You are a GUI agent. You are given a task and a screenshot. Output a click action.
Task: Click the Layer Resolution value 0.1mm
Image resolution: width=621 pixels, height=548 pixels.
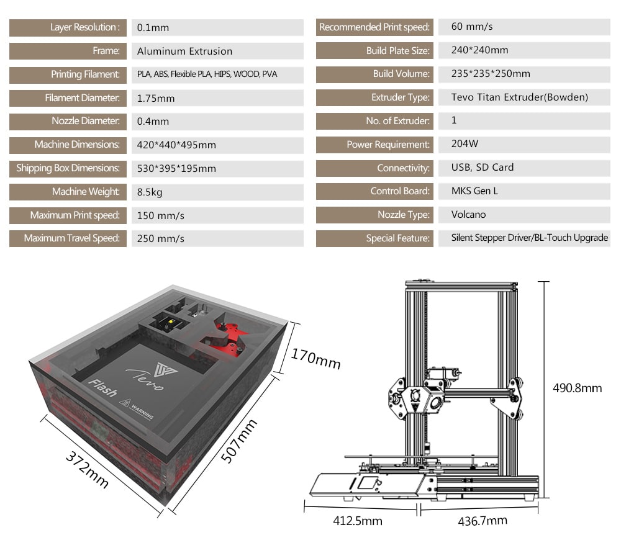(153, 27)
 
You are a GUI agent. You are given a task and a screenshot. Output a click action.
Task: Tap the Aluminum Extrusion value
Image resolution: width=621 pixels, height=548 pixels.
(184, 51)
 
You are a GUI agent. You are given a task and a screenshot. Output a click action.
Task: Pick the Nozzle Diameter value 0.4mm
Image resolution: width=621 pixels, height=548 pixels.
(153, 122)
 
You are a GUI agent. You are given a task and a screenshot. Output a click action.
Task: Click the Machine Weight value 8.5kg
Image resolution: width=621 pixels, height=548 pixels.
(150, 192)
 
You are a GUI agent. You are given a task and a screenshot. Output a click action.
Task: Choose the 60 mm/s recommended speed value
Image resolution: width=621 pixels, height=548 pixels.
(472, 27)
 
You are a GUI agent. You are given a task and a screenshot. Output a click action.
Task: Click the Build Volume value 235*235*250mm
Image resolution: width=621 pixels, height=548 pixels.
(491, 74)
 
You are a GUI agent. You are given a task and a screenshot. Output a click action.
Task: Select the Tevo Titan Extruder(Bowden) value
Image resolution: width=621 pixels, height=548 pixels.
(519, 97)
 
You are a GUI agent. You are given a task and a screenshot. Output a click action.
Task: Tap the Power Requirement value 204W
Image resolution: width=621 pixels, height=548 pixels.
(465, 144)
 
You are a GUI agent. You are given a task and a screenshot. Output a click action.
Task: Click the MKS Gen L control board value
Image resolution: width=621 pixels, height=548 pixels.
(474, 191)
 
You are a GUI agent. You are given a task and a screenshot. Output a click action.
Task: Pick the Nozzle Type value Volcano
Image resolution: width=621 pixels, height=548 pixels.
(468, 215)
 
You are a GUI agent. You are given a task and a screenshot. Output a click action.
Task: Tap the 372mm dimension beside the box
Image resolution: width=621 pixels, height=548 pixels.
(88, 468)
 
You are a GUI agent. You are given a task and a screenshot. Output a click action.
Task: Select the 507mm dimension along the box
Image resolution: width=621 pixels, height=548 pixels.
(240, 440)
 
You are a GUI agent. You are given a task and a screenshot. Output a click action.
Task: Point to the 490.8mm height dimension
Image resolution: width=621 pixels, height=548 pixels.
(577, 389)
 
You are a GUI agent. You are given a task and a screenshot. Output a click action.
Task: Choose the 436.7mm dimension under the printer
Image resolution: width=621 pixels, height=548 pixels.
(482, 521)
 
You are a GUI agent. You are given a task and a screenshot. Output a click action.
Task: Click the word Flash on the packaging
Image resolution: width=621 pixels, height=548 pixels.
(102, 387)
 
